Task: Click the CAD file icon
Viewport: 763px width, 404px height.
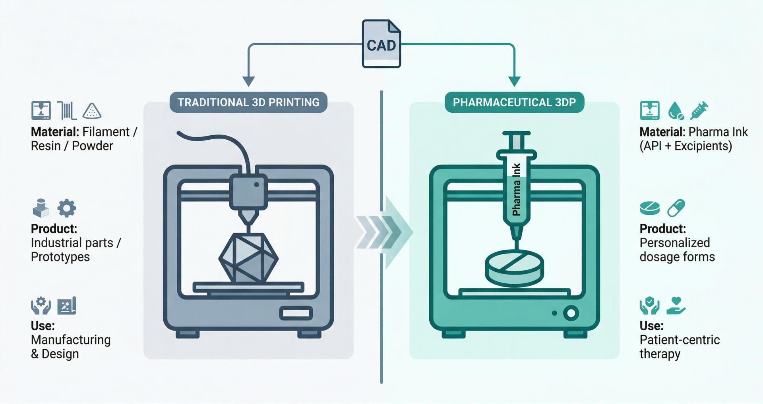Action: coord(381,44)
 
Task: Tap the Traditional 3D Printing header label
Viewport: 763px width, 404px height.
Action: coord(248,102)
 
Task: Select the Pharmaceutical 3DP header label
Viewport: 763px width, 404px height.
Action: coord(514,102)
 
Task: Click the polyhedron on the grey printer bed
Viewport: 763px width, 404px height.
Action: coord(248,258)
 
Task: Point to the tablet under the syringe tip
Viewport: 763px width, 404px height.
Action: coord(514,268)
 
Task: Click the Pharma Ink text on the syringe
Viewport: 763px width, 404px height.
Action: coord(516,190)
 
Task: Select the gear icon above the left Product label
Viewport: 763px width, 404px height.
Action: coord(67,208)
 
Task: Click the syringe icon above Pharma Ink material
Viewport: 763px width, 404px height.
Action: coord(699,110)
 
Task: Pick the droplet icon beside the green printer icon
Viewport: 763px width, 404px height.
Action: coord(676,111)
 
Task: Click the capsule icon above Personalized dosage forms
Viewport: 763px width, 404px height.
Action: coord(676,208)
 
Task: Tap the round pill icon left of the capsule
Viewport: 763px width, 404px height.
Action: coord(650,208)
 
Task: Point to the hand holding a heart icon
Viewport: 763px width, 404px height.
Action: coord(676,306)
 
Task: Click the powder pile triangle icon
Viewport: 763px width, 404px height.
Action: coord(92,111)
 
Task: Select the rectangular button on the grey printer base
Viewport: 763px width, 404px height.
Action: coord(296,313)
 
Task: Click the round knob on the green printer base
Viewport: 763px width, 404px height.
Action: coord(571,313)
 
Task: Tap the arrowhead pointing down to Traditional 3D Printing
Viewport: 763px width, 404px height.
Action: coord(248,81)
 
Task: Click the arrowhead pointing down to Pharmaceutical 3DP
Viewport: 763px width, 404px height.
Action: coord(514,81)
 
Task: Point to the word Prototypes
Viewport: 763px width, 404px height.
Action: coord(60,257)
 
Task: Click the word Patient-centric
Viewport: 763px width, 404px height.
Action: coord(680,340)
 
